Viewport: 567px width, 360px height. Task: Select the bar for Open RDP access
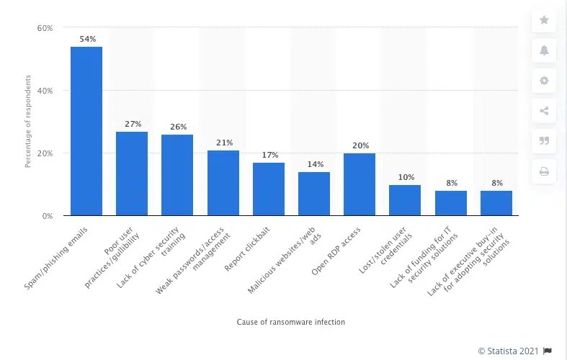(x=360, y=184)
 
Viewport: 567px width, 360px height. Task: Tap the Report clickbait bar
(x=268, y=189)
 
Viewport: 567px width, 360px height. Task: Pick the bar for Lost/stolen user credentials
(x=405, y=200)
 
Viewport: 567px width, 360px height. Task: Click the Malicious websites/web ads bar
(x=314, y=194)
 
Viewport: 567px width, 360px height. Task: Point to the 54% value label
(x=87, y=39)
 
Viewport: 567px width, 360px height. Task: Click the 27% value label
(x=133, y=124)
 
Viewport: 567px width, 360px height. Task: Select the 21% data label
(x=223, y=143)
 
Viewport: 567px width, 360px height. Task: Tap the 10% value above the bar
(x=405, y=177)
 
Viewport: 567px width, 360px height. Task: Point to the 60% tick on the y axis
(x=45, y=28)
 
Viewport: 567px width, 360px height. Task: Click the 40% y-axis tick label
(x=45, y=91)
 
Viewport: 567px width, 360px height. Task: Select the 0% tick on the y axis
(x=47, y=216)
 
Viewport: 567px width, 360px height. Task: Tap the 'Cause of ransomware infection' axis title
(x=291, y=322)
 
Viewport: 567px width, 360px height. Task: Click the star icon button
(x=544, y=20)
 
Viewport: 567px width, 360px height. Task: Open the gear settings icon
(x=544, y=81)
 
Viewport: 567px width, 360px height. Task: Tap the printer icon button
(x=544, y=171)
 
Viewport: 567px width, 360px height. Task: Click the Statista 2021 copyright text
(x=509, y=351)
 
